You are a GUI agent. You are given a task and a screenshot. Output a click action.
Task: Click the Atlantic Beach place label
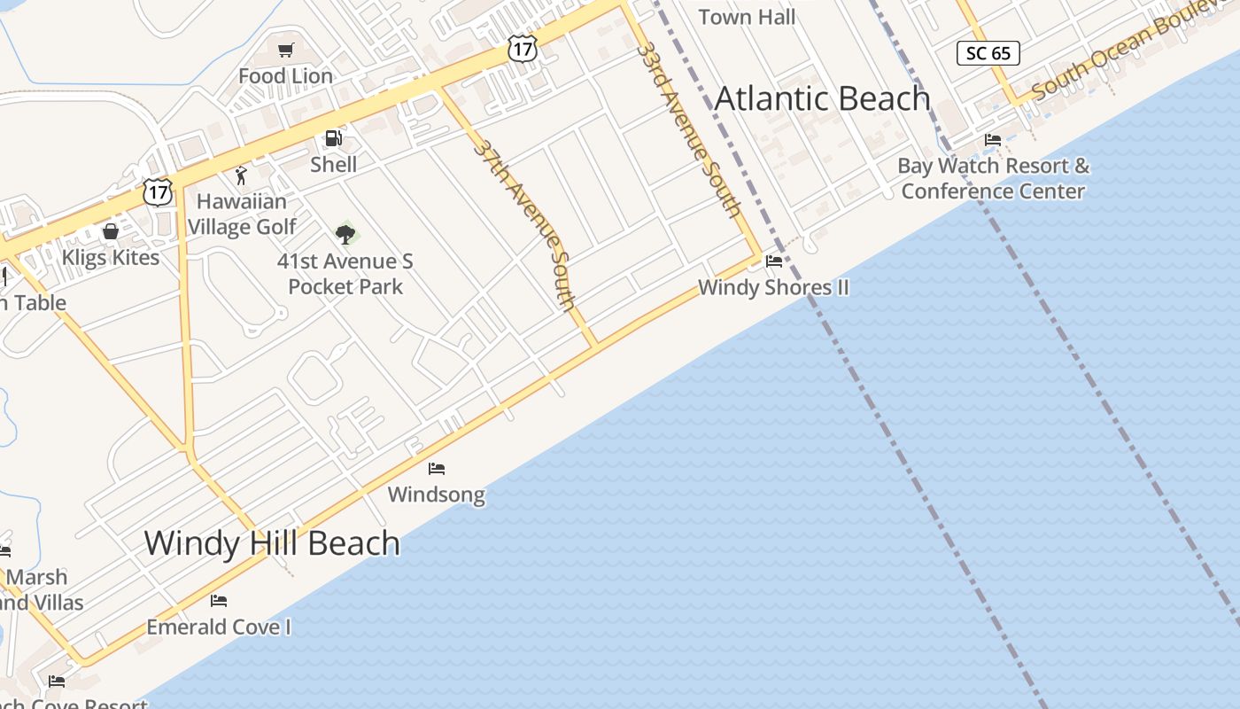coord(822,98)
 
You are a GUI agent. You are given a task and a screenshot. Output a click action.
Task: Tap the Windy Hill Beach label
coord(272,542)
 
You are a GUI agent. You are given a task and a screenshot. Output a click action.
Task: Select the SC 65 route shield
coord(988,53)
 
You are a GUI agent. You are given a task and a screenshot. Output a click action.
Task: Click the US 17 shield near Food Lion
coord(523,49)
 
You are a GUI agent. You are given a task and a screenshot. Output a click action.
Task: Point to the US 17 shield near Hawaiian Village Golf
coord(158,191)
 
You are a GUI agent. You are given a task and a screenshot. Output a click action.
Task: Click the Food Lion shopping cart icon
coord(285,51)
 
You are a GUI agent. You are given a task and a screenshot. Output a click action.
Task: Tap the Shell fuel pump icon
coord(333,138)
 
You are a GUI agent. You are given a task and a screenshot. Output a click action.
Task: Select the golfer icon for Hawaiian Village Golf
coord(240,175)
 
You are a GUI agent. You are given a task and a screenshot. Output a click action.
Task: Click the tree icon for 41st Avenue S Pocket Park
coord(345,235)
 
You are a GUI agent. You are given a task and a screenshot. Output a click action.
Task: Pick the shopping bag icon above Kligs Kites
coord(111,232)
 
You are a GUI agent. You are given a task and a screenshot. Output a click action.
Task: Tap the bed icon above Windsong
coord(437,469)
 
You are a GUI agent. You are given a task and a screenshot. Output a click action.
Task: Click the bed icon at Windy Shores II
coord(774,261)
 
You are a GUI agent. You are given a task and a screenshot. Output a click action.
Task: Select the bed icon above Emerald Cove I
coord(219,601)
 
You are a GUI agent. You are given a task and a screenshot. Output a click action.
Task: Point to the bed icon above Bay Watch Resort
coord(993,140)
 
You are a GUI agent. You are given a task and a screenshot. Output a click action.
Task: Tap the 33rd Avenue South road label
coord(689,129)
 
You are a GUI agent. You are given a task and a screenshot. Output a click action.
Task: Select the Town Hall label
coord(747,17)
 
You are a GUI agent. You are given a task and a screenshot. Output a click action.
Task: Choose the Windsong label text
coord(437,495)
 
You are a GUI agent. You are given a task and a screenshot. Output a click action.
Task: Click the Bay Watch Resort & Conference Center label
coord(993,178)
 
